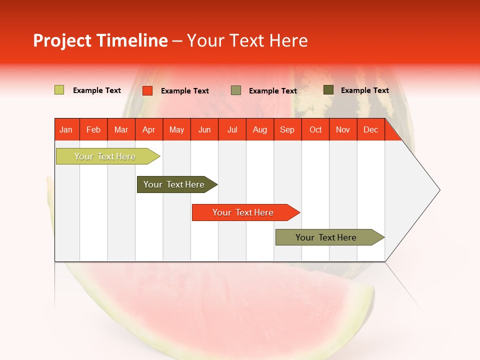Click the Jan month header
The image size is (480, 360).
[66, 129]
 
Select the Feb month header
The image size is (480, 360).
[93, 129]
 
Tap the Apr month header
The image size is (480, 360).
[149, 129]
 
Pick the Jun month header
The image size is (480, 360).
[204, 129]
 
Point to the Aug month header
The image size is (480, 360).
[260, 129]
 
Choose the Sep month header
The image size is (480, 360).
[287, 129]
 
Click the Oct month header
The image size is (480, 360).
[315, 129]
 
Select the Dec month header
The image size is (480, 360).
[371, 129]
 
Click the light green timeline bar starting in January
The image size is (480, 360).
[105, 156]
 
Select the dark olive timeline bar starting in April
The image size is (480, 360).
[174, 184]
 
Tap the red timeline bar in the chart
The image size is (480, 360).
[243, 212]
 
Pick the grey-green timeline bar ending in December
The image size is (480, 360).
[326, 237]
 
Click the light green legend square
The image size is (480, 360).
[59, 90]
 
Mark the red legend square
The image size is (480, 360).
[147, 90]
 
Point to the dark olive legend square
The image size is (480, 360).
[328, 90]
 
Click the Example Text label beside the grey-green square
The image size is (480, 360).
[273, 91]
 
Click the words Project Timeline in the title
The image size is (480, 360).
[100, 40]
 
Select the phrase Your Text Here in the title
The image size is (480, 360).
[247, 40]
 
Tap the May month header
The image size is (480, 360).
[176, 129]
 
